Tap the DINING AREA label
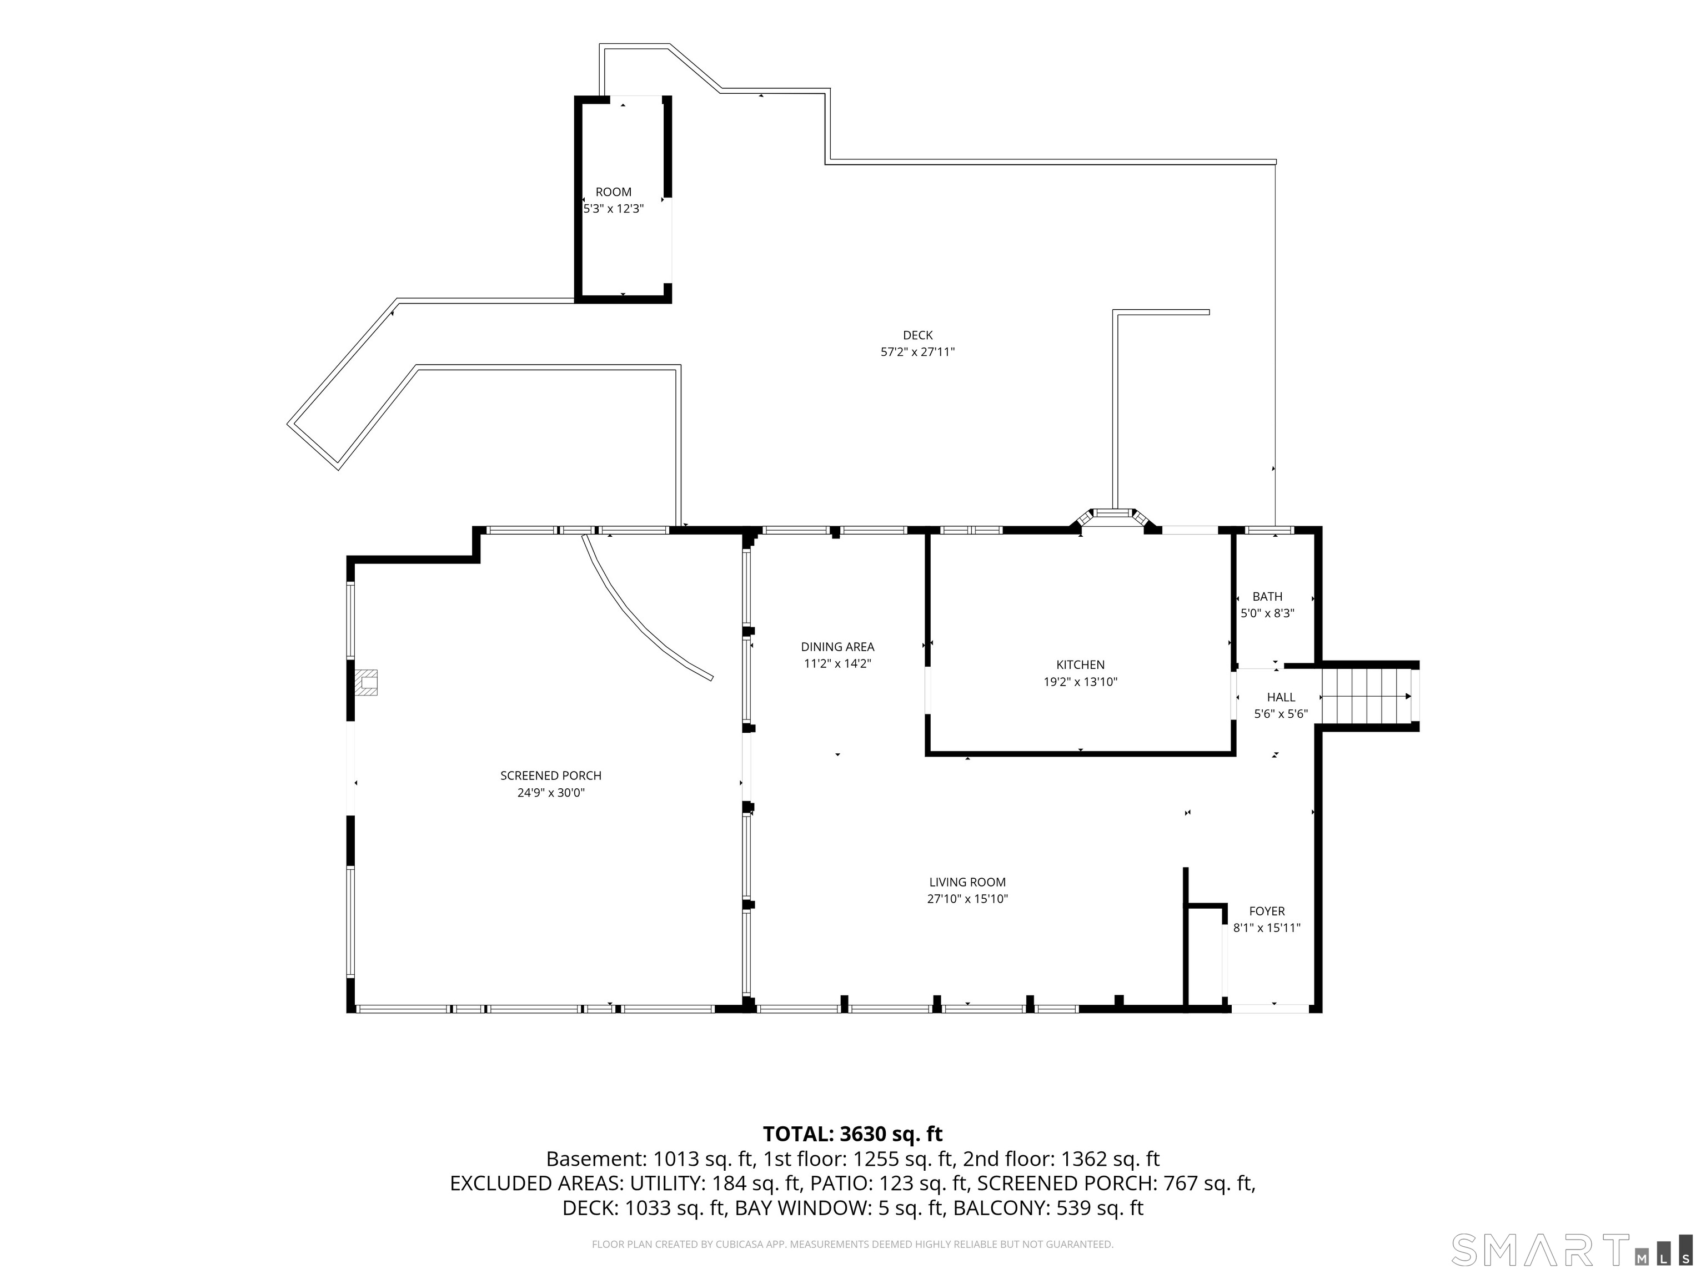coord(837,647)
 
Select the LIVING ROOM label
coord(967,882)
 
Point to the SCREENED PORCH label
coord(551,776)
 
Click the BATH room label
coord(1267,597)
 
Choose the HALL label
coord(1281,697)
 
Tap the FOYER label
coord(1267,912)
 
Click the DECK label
coord(918,335)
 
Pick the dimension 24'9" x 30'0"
coord(551,793)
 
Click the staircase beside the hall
coord(1367,696)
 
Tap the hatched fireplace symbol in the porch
coord(367,682)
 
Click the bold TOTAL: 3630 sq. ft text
coord(853,1134)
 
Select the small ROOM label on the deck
coord(613,192)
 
